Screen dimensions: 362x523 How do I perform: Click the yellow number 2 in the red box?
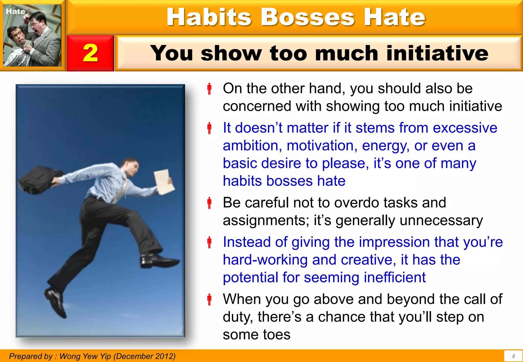(90, 53)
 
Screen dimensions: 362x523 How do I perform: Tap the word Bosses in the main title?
(307, 17)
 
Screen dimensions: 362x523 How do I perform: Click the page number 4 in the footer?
(513, 356)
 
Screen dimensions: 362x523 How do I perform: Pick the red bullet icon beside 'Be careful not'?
(209, 203)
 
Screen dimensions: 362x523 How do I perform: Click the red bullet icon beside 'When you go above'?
(209, 299)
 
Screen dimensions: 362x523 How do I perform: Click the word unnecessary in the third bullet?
(441, 220)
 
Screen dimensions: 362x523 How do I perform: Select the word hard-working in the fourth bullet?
(265, 260)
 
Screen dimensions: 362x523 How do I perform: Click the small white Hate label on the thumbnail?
(16, 11)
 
